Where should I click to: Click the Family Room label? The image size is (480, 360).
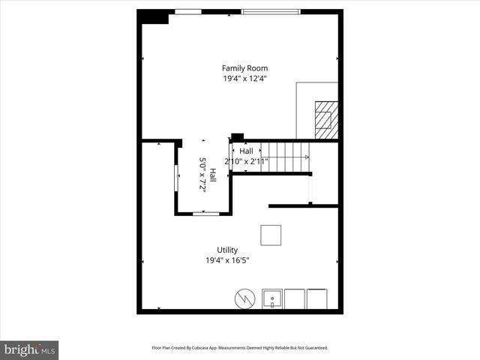click(244, 68)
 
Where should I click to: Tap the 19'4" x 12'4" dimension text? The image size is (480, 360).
click(244, 79)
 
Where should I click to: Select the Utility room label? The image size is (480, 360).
click(227, 250)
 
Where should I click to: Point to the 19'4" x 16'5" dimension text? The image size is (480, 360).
click(227, 260)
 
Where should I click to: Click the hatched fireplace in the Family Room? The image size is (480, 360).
click(325, 119)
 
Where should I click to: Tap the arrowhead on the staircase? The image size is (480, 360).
click(307, 157)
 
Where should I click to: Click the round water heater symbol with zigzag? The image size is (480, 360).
click(245, 298)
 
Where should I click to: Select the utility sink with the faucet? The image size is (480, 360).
click(271, 298)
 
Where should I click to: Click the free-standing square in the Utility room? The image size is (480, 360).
click(271, 235)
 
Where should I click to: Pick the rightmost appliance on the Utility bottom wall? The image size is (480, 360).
click(317, 298)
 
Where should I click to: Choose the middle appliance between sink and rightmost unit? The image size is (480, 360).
click(295, 298)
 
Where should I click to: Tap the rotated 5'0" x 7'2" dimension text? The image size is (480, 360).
click(202, 174)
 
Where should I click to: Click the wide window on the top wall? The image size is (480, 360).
click(270, 11)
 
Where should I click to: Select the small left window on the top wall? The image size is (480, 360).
click(187, 11)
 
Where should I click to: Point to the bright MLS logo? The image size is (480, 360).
click(30, 349)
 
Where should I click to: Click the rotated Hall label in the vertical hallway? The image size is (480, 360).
click(213, 174)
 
